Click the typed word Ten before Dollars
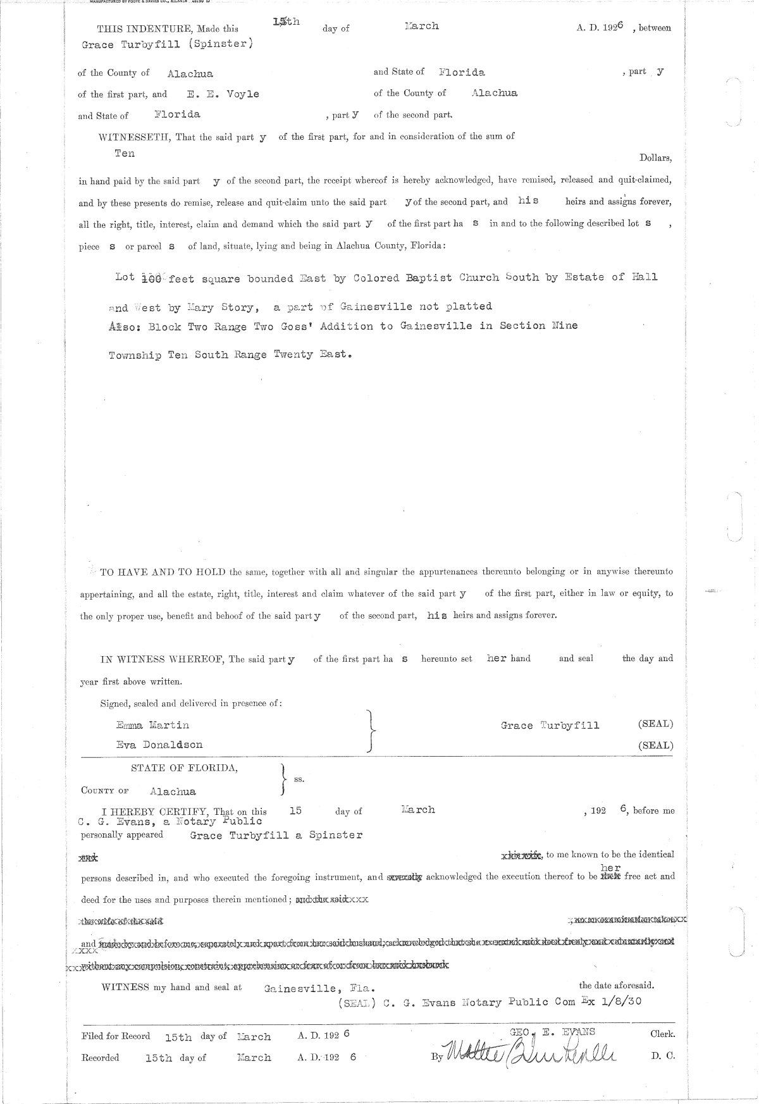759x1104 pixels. coord(125,153)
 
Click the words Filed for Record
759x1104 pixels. coord(116,1036)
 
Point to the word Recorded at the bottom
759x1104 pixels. coord(100,1057)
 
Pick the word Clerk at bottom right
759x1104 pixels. coord(662,1034)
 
